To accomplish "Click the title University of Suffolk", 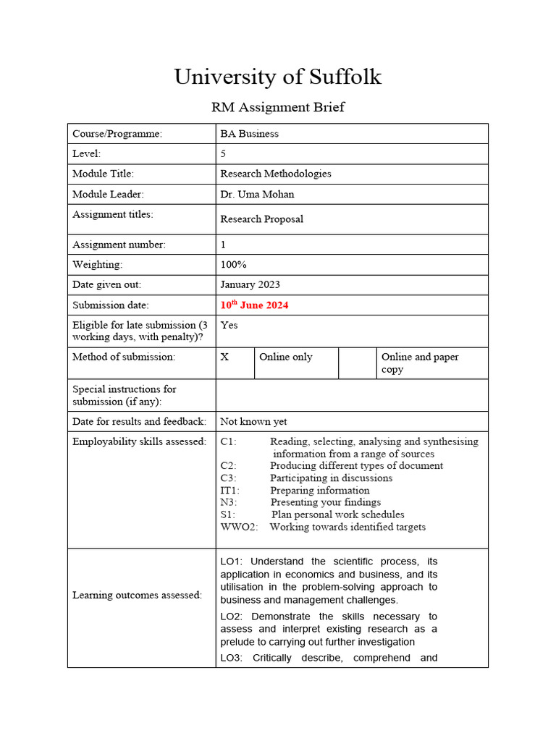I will click(277, 77).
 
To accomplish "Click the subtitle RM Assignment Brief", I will click(277, 108).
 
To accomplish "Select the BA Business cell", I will click(249, 134).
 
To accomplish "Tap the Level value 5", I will click(224, 153).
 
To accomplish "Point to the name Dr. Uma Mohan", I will click(257, 194).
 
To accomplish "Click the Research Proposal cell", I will click(261, 219).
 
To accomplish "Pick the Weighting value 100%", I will click(233, 265).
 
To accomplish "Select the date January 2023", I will click(250, 285).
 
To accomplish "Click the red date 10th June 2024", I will click(254, 305).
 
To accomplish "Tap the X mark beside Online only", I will click(225, 357).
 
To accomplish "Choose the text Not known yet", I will click(253, 422).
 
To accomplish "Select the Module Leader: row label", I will click(108, 194).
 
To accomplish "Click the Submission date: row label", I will click(110, 305).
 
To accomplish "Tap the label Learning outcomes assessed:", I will click(137, 595).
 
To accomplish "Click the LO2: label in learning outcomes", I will click(234, 617).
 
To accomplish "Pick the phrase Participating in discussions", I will click(331, 478).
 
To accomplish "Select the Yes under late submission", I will click(229, 326).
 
